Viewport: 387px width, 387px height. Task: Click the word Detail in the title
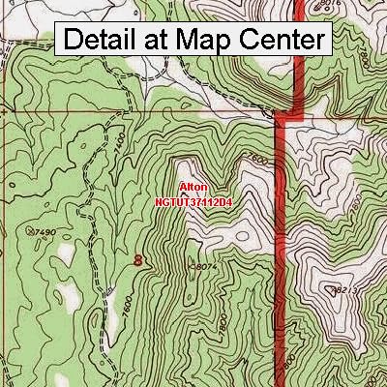(102, 40)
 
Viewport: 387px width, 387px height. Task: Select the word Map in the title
(208, 40)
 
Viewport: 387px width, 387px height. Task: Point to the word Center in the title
(282, 40)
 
